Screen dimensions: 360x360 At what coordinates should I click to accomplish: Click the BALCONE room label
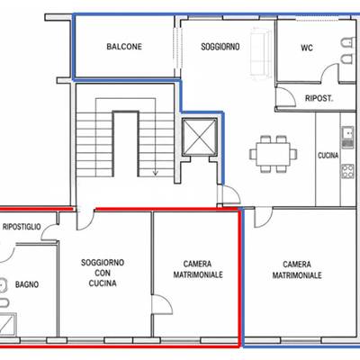(124, 47)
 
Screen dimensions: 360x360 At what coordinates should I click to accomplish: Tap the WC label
(307, 48)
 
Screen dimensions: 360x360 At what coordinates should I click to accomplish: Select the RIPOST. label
(319, 98)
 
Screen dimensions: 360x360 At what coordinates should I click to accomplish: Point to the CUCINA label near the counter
(328, 156)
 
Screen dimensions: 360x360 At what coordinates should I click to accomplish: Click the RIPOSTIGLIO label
(22, 227)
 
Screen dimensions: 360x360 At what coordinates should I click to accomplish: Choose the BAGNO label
(27, 284)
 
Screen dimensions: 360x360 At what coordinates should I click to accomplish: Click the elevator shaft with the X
(200, 137)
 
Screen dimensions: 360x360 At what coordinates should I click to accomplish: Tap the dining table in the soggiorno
(273, 154)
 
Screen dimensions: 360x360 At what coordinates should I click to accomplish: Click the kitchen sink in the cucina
(348, 137)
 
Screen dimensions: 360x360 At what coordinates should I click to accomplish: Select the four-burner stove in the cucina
(348, 171)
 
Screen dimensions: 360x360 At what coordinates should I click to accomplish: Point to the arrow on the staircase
(156, 169)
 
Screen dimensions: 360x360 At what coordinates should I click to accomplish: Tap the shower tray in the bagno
(8, 324)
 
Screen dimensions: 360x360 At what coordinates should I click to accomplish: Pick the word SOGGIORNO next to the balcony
(220, 47)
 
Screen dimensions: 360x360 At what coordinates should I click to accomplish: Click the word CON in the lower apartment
(103, 273)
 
